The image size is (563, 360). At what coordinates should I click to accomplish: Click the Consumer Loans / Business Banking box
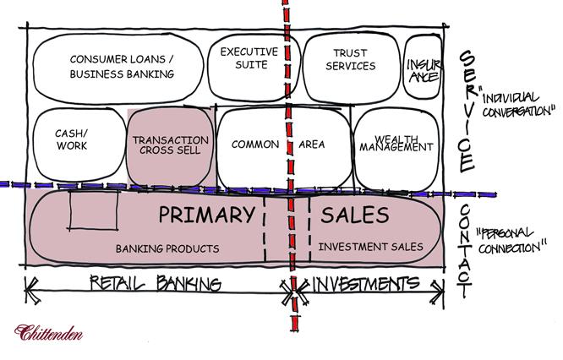pyautogui.click(x=121, y=68)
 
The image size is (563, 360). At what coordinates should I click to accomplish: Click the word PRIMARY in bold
pyautogui.click(x=205, y=215)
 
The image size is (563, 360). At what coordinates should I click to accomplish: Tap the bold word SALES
pyautogui.click(x=355, y=215)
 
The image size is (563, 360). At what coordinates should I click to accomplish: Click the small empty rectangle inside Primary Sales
pyautogui.click(x=94, y=210)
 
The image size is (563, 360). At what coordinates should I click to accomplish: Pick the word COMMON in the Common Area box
pyautogui.click(x=254, y=145)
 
